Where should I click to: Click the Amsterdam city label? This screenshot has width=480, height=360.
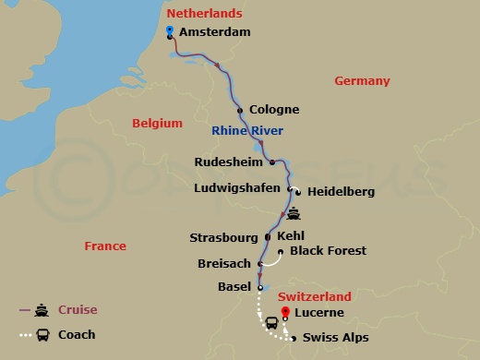pyautogui.click(x=214, y=32)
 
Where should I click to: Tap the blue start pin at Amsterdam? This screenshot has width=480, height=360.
pyautogui.click(x=170, y=30)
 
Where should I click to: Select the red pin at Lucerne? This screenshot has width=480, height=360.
pyautogui.click(x=284, y=311)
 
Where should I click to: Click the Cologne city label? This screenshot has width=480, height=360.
pyautogui.click(x=273, y=110)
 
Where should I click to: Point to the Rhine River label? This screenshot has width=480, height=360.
pyautogui.click(x=247, y=130)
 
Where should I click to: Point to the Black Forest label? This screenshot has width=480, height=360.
pyautogui.click(x=328, y=251)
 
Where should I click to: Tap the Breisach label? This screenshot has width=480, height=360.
pyautogui.click(x=224, y=264)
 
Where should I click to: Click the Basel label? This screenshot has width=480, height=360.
pyautogui.click(x=234, y=287)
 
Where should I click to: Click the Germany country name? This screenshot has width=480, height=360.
pyautogui.click(x=362, y=81)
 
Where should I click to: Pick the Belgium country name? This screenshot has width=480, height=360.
pyautogui.click(x=159, y=122)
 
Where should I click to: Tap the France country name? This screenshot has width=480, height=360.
pyautogui.click(x=104, y=247)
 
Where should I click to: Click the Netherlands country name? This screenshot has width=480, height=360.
pyautogui.click(x=204, y=14)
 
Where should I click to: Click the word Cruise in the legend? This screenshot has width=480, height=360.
pyautogui.click(x=78, y=309)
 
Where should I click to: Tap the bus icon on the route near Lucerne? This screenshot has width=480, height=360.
pyautogui.click(x=272, y=323)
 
